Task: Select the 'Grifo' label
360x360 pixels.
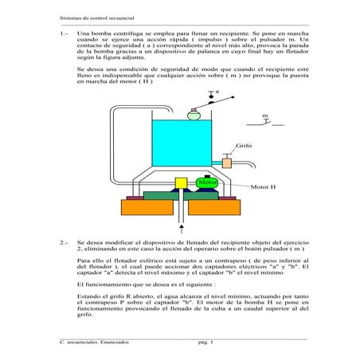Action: click(244, 147)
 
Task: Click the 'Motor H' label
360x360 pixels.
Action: click(262, 188)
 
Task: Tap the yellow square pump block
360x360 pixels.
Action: click(181, 184)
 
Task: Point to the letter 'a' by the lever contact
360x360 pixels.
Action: click(217, 92)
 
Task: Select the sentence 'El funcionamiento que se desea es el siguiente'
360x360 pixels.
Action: click(137, 283)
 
